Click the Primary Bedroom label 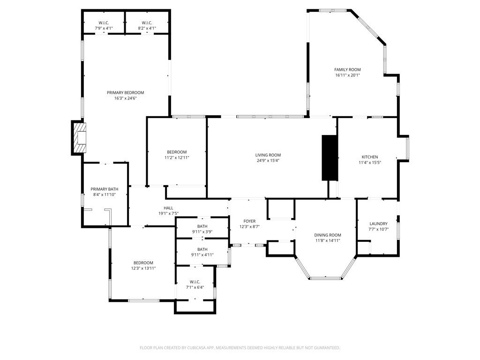(x=125, y=93)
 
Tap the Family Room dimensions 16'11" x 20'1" (x=347, y=75)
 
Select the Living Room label (x=268, y=155)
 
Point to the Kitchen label (x=369, y=157)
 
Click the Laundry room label (x=378, y=224)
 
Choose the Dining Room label (x=328, y=235)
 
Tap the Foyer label (x=249, y=221)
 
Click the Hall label (x=168, y=208)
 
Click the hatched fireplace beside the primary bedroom (x=80, y=137)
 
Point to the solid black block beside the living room (x=330, y=157)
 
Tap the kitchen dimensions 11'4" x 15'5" (x=369, y=163)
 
